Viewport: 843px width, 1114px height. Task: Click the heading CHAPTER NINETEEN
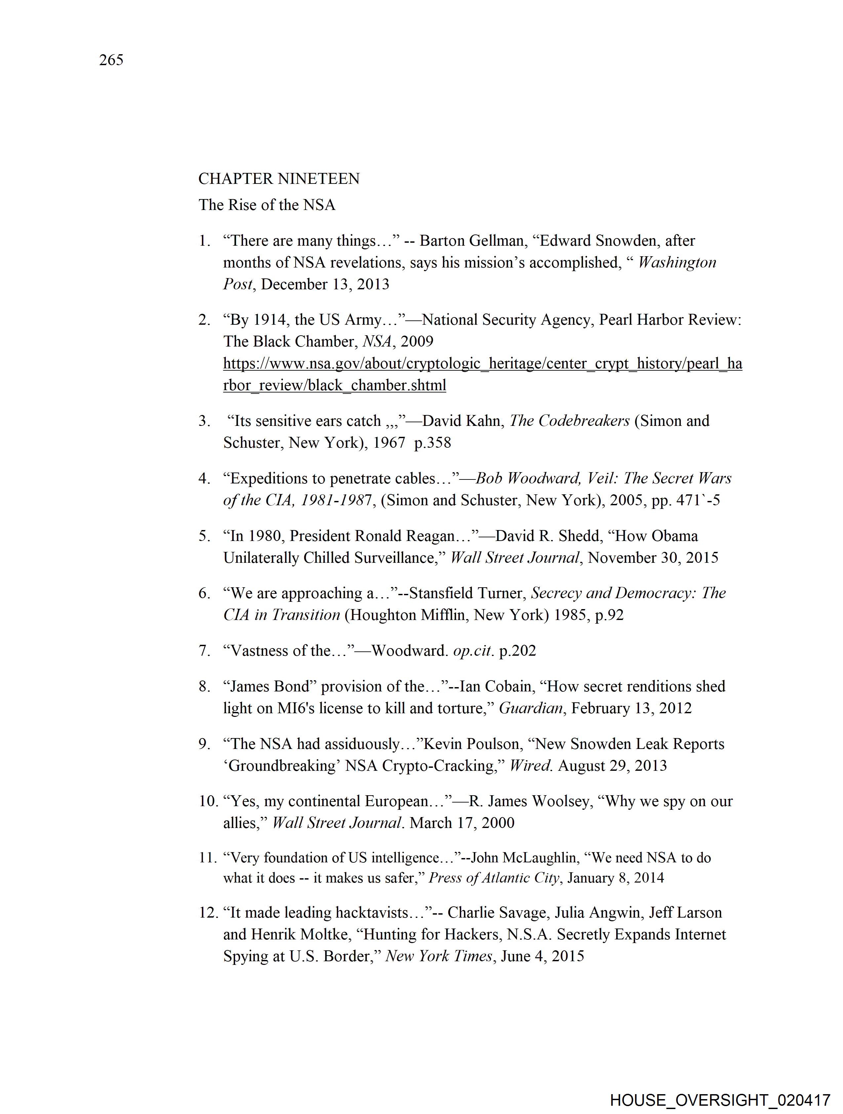279,179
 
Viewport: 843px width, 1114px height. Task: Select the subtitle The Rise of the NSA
267,205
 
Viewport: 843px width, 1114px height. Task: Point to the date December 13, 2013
325,285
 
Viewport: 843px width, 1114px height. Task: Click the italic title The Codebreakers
570,421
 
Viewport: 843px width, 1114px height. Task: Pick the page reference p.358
433,443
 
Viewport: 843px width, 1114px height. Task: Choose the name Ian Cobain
496,686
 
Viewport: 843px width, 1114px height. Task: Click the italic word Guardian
531,709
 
